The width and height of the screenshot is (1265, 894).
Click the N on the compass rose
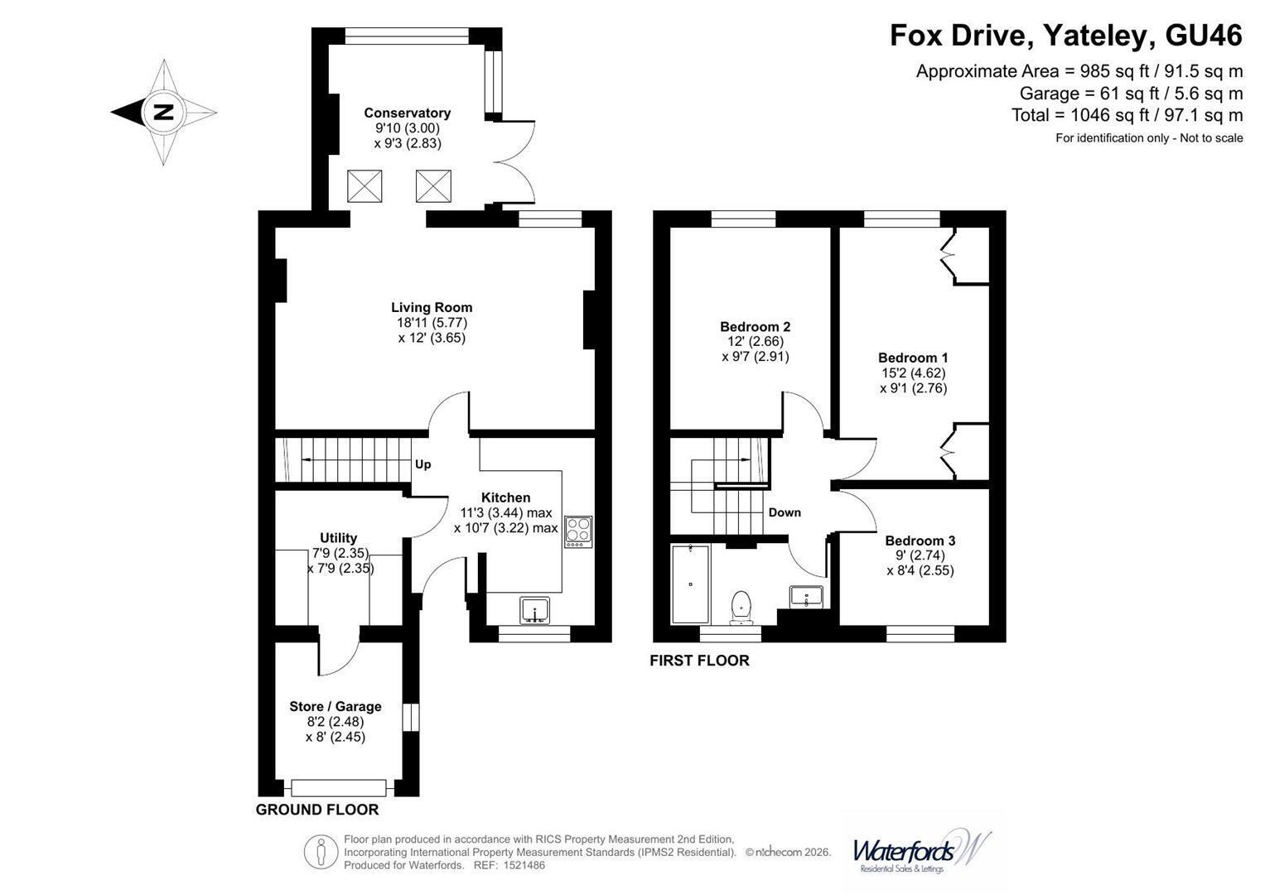[164, 112]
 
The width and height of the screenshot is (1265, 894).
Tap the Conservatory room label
[408, 113]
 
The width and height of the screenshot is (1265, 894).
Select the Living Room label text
[432, 308]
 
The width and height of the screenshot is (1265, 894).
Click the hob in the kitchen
[577, 531]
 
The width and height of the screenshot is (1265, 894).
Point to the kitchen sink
[534, 610]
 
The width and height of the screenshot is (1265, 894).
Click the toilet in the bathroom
[741, 608]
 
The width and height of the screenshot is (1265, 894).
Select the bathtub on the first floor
[690, 584]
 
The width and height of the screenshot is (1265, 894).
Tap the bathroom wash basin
[806, 597]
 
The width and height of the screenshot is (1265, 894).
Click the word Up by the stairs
[423, 464]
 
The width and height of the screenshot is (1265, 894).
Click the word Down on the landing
[785, 512]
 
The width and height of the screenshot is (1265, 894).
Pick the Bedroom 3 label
[920, 541]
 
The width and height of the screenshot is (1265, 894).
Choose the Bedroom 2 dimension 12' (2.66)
[755, 341]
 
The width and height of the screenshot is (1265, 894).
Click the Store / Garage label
[336, 707]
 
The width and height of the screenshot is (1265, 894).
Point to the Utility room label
[338, 538]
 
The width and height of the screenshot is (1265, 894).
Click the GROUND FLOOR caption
[317, 810]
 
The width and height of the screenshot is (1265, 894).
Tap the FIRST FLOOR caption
[699, 661]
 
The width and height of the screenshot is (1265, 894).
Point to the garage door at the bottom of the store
[339, 788]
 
